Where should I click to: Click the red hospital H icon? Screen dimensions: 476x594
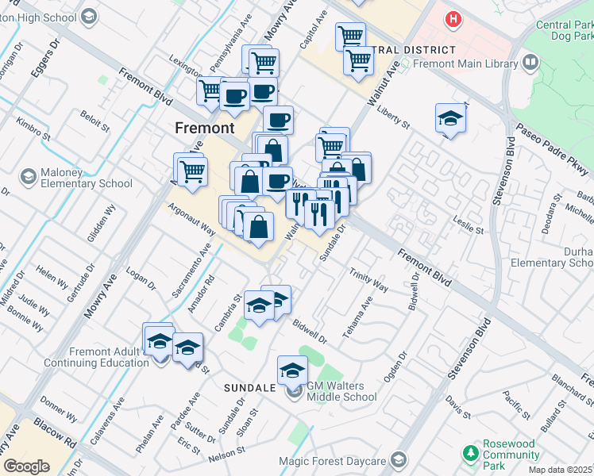click(453, 19)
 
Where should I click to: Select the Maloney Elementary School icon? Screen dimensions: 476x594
click(29, 175)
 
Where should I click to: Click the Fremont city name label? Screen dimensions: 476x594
click(204, 128)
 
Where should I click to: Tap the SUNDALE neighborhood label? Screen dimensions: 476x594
click(248, 388)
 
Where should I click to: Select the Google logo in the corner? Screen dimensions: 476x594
click(26, 466)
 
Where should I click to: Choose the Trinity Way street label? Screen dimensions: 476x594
click(368, 279)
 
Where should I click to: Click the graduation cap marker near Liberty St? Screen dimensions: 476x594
click(450, 119)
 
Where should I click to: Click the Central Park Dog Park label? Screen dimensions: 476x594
click(564, 30)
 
